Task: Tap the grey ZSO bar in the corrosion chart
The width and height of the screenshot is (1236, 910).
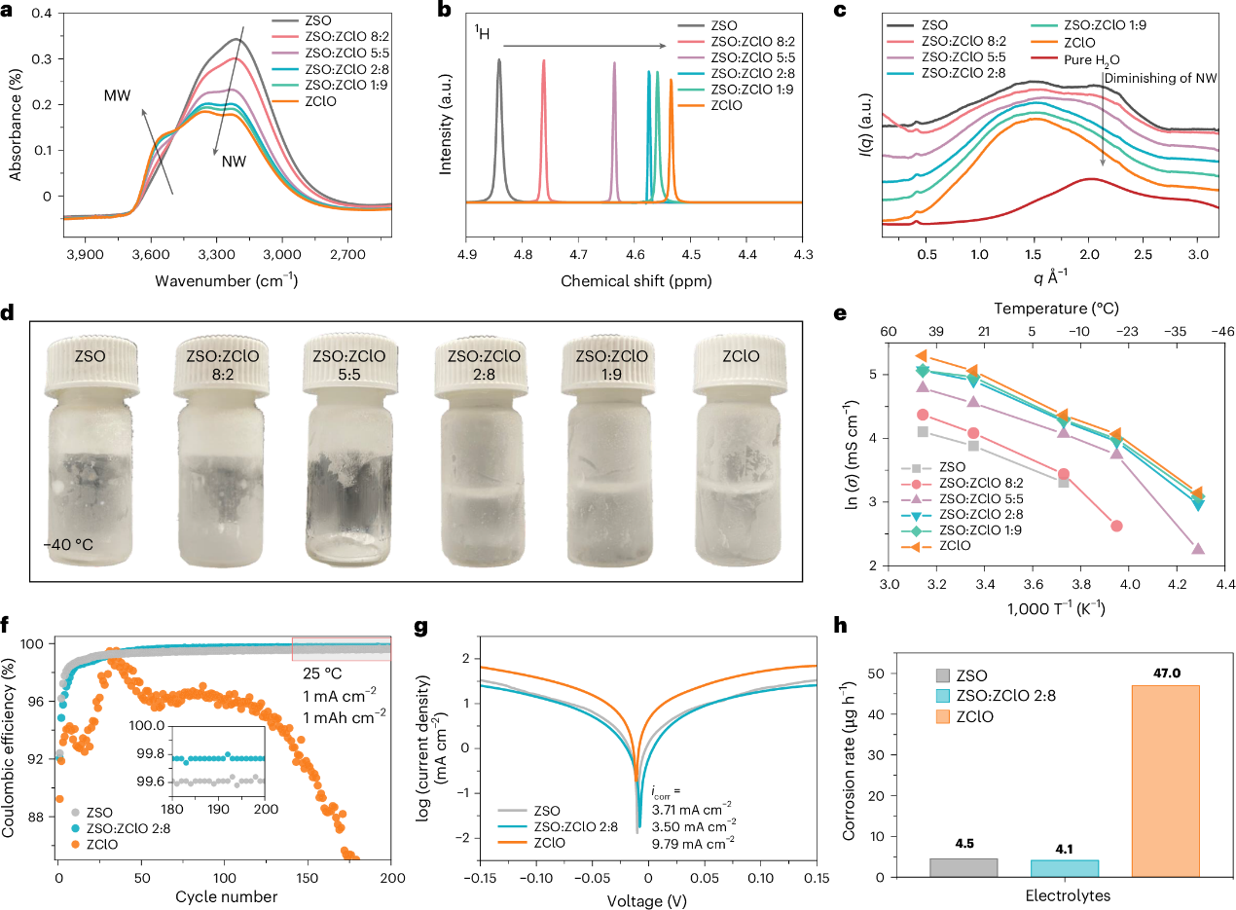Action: [x=963, y=867]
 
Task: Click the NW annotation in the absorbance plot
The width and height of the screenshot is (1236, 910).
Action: [x=233, y=162]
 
